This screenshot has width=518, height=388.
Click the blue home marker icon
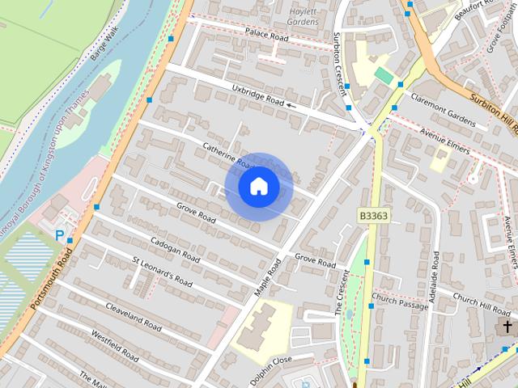[x=258, y=186]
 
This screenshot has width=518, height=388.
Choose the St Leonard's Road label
[x=162, y=271]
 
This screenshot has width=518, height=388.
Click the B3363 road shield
[x=372, y=216]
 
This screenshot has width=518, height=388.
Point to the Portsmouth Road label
[x=51, y=278]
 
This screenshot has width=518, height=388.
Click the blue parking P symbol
[x=59, y=235]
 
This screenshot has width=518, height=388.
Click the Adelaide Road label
[x=434, y=276]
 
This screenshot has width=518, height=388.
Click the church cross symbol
[x=507, y=327]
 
